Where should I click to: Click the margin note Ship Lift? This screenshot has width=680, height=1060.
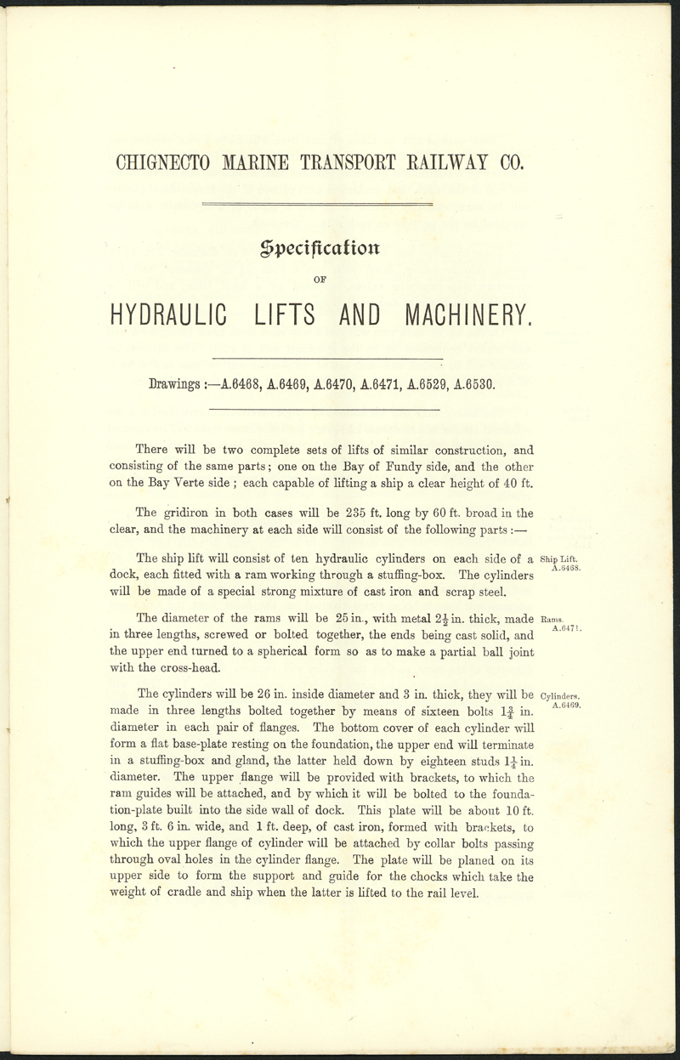[559, 558]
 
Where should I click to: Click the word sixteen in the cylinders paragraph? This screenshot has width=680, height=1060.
[411, 711]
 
